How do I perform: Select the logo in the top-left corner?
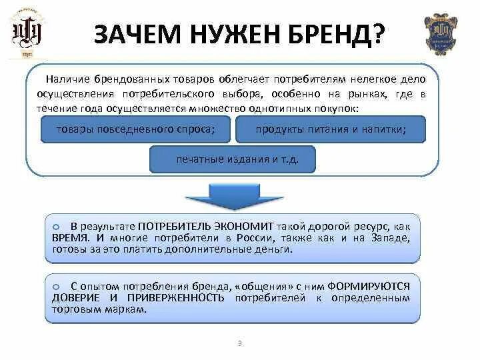pyautogui.click(x=29, y=33)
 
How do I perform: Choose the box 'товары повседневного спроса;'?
pyautogui.click(x=135, y=129)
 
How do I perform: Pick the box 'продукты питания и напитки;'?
pyautogui.click(x=331, y=129)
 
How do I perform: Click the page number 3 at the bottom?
pyautogui.click(x=239, y=343)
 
